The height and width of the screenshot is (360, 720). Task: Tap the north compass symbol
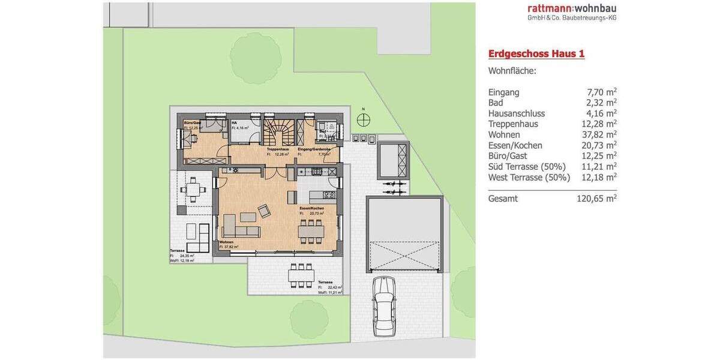363,120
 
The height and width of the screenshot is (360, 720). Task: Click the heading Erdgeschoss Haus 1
536,54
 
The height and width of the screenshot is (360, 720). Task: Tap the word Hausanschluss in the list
517,113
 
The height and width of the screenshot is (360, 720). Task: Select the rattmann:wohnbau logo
572,11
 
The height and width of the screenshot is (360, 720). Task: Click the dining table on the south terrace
301,275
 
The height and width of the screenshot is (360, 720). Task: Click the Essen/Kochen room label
311,208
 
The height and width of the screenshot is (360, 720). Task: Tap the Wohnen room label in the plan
226,242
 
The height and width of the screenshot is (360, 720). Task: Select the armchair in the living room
264,211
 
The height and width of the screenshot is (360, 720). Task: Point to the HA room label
234,123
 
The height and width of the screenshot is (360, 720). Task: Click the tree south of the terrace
308,316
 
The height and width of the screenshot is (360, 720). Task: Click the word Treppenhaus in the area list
513,124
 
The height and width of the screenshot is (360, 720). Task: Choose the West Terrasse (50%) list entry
529,178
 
